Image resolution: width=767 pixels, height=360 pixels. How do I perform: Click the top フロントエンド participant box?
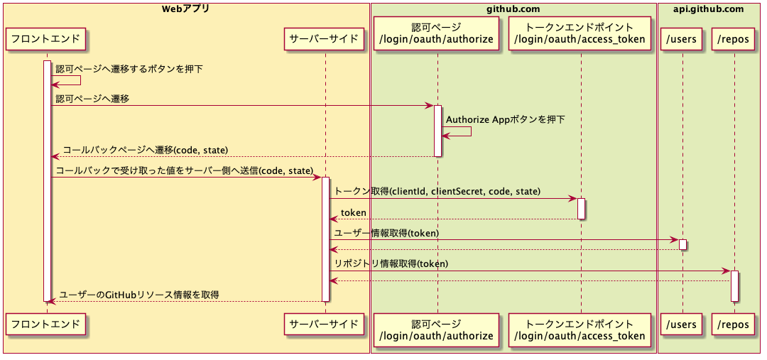(47, 39)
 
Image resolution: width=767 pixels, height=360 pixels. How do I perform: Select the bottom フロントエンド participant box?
(47, 324)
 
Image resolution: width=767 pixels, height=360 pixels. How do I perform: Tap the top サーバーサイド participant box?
(325, 39)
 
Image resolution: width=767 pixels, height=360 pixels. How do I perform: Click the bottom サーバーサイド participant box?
(325, 324)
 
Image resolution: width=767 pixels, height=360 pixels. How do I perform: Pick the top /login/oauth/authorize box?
(437, 33)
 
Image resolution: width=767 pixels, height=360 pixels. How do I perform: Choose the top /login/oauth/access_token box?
(580, 33)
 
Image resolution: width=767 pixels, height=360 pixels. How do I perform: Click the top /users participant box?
(681, 39)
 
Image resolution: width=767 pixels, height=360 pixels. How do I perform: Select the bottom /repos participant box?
(734, 324)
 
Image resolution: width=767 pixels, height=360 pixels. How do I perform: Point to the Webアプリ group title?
(186, 9)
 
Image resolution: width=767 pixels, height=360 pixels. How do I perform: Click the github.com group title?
(513, 9)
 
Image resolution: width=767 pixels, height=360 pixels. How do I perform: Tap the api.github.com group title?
(708, 9)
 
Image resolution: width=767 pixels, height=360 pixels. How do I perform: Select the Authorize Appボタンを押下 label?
(506, 119)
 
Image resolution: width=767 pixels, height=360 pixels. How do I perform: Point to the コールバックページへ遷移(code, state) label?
(145, 150)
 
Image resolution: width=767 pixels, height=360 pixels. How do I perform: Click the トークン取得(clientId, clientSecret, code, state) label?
(437, 192)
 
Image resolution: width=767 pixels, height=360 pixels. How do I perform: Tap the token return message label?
(353, 212)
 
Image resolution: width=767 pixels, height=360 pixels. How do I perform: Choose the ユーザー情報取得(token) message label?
(386, 233)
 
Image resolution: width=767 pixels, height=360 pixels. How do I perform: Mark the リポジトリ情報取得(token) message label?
(391, 263)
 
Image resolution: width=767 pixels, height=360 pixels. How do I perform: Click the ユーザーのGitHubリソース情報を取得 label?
(138, 294)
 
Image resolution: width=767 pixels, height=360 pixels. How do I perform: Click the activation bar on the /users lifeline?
(682, 244)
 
